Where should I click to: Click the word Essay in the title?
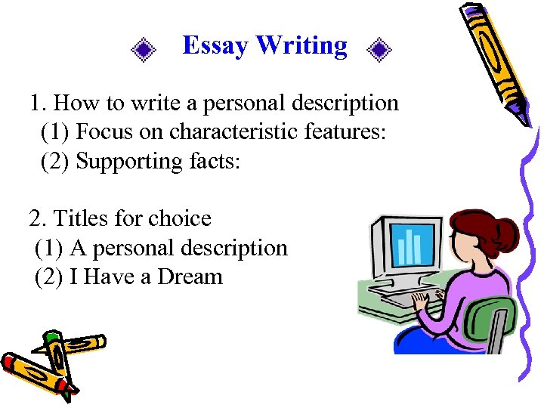point(215,46)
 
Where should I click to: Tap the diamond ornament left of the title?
point(143,51)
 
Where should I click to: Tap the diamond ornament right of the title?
point(379,51)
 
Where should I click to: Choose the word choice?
point(181,219)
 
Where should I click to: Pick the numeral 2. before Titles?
point(37,219)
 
